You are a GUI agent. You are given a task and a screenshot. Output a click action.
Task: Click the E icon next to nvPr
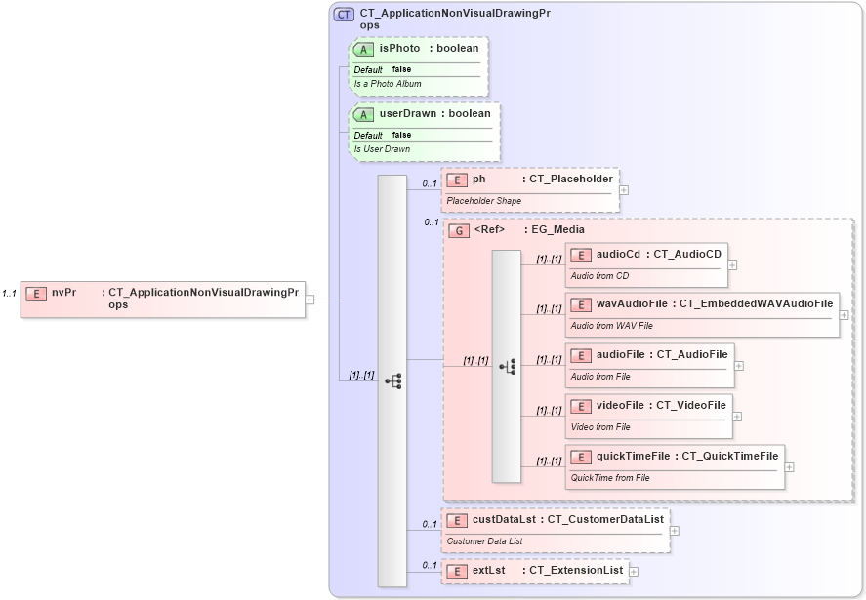(x=36, y=293)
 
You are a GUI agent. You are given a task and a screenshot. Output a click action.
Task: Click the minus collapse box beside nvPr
(x=309, y=300)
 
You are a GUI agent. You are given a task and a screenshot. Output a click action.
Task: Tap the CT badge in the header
(x=344, y=15)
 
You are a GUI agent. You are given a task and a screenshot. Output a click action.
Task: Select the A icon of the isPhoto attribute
(x=363, y=49)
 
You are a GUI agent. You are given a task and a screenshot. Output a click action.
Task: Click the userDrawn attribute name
(x=407, y=113)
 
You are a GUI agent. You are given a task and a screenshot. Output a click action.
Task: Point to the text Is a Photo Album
(x=388, y=84)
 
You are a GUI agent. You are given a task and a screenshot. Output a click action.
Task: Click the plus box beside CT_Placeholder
(x=624, y=190)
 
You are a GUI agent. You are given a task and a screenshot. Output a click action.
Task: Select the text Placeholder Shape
(x=483, y=201)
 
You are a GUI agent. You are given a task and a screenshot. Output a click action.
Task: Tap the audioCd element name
(x=618, y=254)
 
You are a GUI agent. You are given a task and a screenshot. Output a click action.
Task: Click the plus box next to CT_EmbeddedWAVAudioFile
(x=844, y=315)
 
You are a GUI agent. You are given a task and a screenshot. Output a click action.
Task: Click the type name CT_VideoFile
(x=690, y=405)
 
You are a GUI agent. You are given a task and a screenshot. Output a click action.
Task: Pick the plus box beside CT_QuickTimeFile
(x=789, y=467)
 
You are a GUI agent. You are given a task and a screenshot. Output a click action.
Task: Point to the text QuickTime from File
(x=609, y=478)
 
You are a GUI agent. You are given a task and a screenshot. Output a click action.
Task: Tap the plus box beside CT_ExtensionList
(x=634, y=572)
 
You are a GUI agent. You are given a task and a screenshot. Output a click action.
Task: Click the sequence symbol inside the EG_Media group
(x=507, y=366)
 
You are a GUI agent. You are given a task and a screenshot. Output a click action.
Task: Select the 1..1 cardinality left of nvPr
(x=10, y=293)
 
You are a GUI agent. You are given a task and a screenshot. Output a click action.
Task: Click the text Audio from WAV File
(x=611, y=326)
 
